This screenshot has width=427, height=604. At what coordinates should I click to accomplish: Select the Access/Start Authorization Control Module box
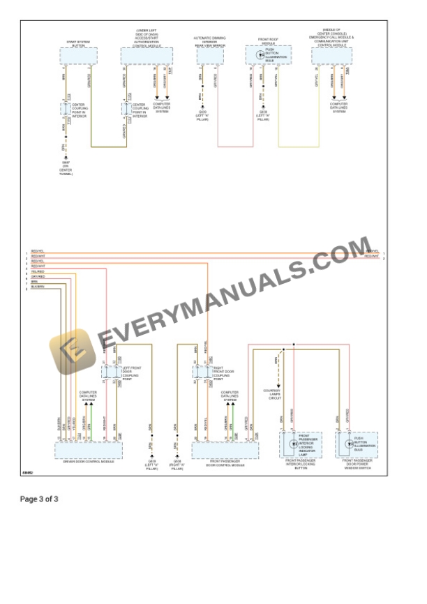point(147,56)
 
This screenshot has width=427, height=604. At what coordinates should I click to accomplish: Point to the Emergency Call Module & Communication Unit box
point(332,56)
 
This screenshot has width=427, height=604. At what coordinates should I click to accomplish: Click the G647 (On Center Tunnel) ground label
point(66,168)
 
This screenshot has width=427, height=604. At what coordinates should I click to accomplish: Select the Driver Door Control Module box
point(88,450)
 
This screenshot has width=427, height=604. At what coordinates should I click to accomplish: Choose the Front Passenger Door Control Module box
point(225,450)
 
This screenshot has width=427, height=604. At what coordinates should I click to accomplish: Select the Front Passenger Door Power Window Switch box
point(357,444)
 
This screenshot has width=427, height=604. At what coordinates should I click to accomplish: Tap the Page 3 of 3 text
point(39,499)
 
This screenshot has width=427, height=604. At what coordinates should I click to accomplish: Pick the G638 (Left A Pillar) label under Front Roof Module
point(263,115)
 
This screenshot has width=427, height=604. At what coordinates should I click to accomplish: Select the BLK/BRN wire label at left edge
point(37,287)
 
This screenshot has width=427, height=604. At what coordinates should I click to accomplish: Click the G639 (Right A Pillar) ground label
point(177,463)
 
